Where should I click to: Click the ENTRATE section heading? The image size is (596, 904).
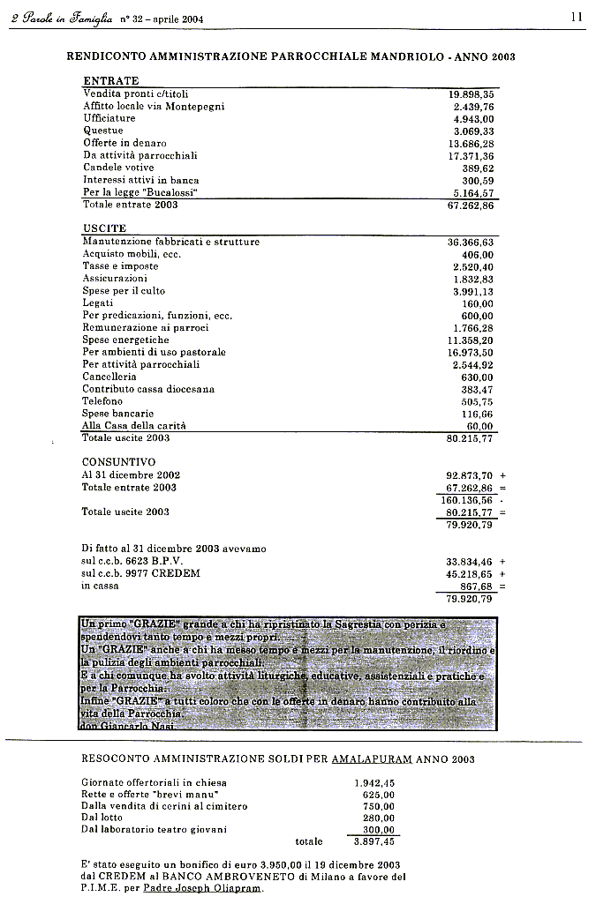point(110,80)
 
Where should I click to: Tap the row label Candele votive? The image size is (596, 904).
point(118,168)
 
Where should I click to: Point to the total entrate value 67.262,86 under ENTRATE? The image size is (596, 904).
point(471,205)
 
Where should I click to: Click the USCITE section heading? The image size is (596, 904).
point(104,228)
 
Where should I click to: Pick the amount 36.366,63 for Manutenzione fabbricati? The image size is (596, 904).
point(471,242)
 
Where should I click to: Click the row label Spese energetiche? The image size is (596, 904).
point(125,340)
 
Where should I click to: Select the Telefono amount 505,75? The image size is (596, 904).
point(478,401)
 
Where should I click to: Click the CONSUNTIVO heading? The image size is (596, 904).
point(118,462)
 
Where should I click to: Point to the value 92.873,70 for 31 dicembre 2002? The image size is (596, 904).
point(471,474)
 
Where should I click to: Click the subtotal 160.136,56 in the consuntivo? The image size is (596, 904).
point(467,499)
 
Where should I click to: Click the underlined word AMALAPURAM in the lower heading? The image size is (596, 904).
point(369,759)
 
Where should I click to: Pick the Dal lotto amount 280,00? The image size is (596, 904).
point(379,818)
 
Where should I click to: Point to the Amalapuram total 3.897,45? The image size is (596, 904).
point(373,842)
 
